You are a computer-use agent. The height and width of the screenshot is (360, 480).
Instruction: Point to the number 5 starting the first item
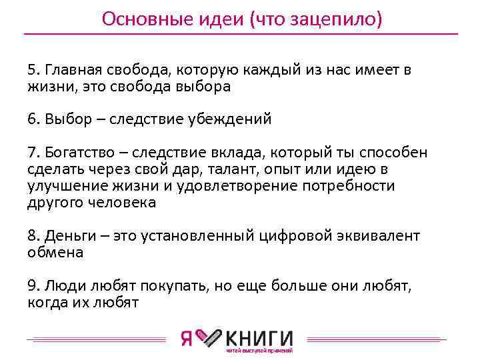(x=31, y=71)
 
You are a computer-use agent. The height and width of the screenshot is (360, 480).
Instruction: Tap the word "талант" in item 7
(x=217, y=169)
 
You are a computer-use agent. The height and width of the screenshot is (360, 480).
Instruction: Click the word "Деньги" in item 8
(x=70, y=236)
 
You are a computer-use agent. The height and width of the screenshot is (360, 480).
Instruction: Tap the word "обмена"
(x=55, y=253)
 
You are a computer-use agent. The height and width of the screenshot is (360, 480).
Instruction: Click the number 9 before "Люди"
(x=31, y=286)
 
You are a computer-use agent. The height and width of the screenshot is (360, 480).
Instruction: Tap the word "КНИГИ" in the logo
(x=260, y=337)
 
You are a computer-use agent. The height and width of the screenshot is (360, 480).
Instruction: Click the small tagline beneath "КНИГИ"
(x=259, y=351)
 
